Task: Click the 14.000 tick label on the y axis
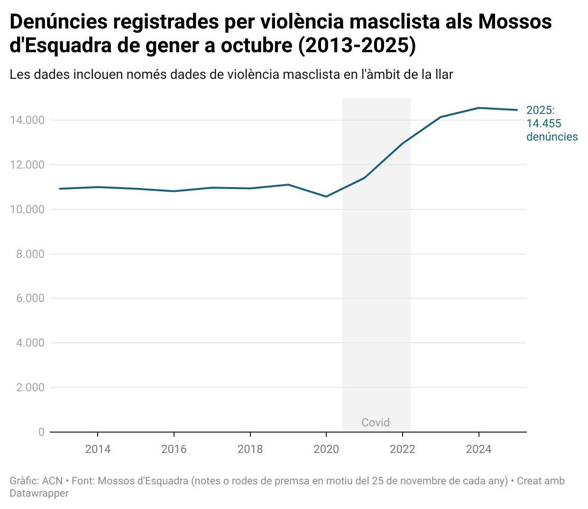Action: pos(27,120)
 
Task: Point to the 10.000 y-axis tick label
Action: pos(27,209)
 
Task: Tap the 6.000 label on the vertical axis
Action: pos(30,298)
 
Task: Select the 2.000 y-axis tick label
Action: pos(30,387)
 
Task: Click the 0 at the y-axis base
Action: pos(41,432)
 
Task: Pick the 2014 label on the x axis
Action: pos(98,449)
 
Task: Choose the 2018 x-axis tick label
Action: pos(250,449)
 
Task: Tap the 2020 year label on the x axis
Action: pos(326,449)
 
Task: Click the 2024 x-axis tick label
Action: pos(478,449)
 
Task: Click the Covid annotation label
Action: pos(376,423)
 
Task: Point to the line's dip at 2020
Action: pos(326,197)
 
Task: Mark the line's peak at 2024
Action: pos(479,108)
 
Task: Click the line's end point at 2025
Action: pos(517,110)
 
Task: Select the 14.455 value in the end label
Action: pos(544,123)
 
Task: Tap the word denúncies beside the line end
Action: pos(552,137)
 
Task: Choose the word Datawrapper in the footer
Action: pos(39,493)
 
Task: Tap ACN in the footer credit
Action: pos(52,481)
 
